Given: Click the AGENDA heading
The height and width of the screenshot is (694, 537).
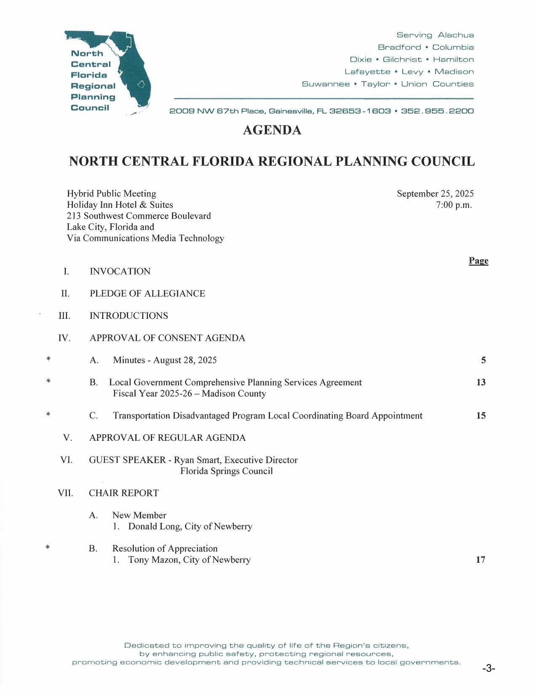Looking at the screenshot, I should (272, 130).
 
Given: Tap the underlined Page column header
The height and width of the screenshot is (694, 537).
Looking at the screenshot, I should (478, 261).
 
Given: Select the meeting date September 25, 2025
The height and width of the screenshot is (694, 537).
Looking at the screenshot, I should (435, 193).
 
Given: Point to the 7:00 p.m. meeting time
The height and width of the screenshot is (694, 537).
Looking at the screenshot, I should (454, 205).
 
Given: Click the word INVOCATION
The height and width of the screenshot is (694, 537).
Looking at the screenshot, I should (120, 271).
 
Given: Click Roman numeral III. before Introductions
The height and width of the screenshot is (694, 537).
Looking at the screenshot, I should (64, 316).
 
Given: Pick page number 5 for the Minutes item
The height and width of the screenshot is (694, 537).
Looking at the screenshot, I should (484, 360).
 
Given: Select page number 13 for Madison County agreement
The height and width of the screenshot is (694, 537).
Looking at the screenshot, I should (481, 382).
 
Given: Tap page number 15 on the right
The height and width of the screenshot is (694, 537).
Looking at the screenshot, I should (481, 416).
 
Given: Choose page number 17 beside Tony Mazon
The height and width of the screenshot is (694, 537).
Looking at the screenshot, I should (481, 560).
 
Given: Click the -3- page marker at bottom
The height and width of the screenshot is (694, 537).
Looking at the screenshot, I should (488, 668).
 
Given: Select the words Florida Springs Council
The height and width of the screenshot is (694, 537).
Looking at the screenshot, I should (227, 471).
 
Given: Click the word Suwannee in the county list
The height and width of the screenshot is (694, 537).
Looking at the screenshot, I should (326, 84).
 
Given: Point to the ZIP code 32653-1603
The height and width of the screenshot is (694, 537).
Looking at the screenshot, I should (360, 111).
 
